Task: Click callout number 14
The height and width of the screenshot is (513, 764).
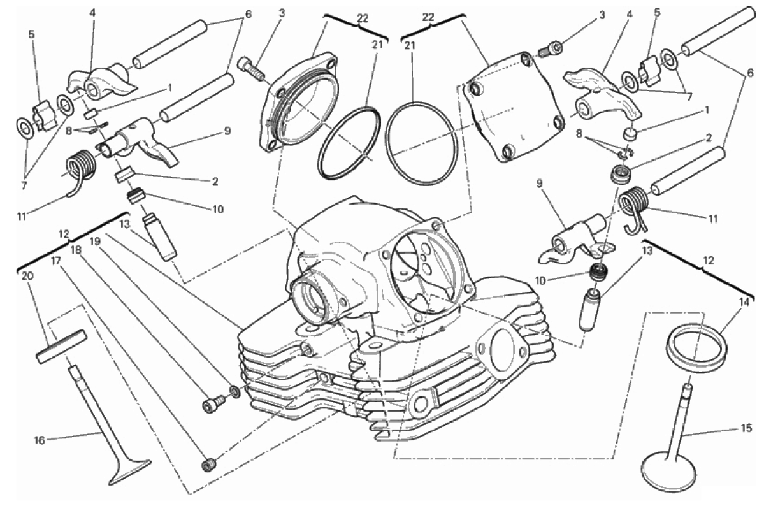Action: pos(744,302)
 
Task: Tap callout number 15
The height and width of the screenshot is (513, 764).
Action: pos(746,429)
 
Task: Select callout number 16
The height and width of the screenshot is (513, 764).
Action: pos(40,440)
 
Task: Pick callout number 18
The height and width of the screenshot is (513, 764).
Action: pos(75,249)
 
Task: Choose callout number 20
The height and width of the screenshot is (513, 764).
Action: pos(27,276)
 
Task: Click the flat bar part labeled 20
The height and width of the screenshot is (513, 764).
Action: pos(61,346)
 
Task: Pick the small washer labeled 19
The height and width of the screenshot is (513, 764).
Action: pos(234,391)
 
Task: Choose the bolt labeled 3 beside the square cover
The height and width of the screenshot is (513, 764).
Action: pos(550,49)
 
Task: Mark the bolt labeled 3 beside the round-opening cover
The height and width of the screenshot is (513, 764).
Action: pos(252,68)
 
